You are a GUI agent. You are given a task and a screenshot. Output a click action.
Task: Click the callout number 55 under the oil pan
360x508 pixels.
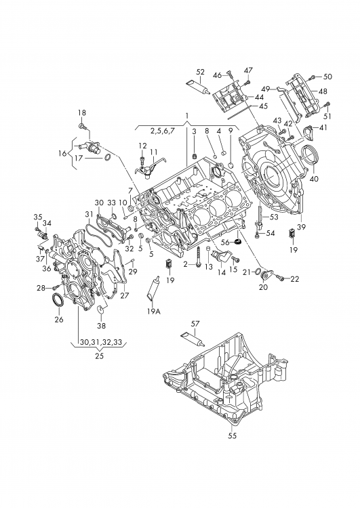[x=233, y=436]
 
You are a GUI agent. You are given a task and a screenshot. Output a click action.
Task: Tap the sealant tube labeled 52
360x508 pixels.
[x=197, y=87]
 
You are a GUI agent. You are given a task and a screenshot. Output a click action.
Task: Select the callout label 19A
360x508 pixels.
[x=154, y=312]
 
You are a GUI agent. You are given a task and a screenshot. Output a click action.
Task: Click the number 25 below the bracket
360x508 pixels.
[x=99, y=356]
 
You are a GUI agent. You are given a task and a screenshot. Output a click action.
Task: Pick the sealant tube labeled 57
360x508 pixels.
[x=192, y=339]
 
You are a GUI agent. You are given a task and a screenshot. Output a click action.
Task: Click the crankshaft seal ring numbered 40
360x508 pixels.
[x=311, y=156]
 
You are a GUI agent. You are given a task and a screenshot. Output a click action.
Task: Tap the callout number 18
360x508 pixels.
[x=82, y=112]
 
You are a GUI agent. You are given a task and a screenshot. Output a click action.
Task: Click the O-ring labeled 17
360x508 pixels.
[x=108, y=158]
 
